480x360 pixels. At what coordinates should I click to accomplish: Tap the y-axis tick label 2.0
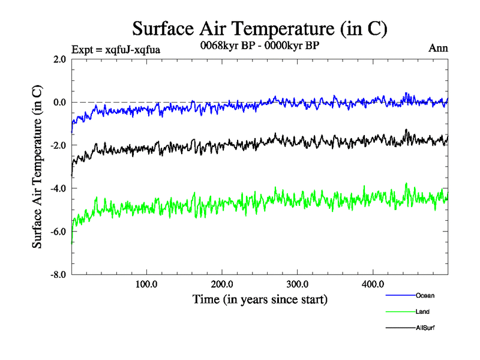59,59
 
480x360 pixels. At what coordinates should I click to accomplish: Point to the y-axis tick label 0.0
59,103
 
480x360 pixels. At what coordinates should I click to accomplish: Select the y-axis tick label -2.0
58,146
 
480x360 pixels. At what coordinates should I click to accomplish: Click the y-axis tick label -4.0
58,188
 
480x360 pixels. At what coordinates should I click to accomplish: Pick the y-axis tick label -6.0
58,232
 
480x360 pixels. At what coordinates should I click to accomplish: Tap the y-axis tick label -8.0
58,275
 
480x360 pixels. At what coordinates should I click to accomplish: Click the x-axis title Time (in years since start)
260,298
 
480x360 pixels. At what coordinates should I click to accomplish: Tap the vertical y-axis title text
37,167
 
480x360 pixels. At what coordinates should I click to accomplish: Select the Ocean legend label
425,296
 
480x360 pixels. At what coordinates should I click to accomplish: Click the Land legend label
422,312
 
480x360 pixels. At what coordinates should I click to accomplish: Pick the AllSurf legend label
425,328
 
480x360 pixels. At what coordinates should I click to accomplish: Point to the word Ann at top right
438,48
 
